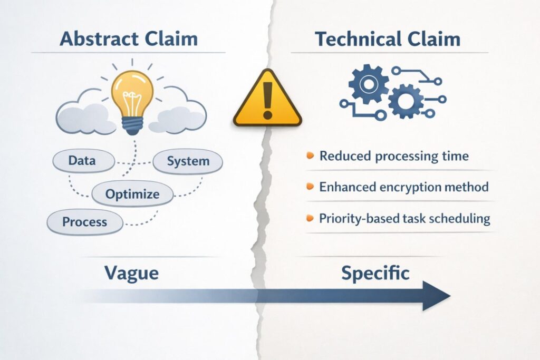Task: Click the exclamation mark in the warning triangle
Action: pos(267,100)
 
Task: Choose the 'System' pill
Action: pos(188,161)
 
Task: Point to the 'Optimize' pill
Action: pos(132,194)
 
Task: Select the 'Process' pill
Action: pos(84,222)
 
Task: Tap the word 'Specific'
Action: pos(375,273)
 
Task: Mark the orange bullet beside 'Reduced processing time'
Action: pos(310,156)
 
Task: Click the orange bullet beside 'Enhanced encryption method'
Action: pos(310,187)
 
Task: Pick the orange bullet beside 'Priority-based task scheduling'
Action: pos(310,218)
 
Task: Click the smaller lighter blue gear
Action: pos(405,101)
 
